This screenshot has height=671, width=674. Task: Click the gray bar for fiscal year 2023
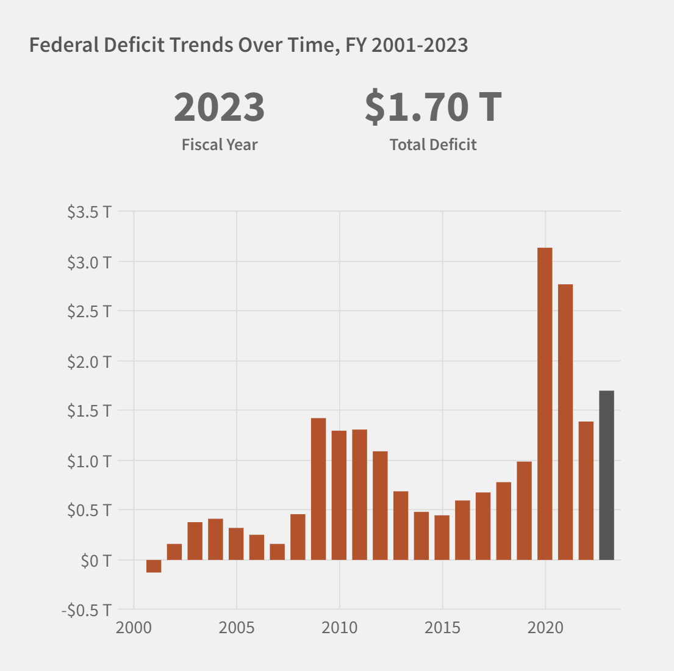(606, 475)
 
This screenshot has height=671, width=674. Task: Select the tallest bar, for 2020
(545, 404)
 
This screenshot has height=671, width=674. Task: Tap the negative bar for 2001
(154, 566)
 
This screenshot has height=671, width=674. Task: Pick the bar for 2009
(318, 489)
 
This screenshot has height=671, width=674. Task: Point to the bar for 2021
(565, 422)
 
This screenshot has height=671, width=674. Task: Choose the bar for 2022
(586, 490)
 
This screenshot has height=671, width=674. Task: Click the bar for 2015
(442, 537)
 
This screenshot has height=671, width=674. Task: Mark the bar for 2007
(278, 552)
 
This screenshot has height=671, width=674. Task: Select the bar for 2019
(524, 511)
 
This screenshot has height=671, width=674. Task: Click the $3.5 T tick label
(90, 212)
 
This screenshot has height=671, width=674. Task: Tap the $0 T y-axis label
(96, 561)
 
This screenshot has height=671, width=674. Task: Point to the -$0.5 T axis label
(87, 611)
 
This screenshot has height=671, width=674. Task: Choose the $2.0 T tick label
(90, 362)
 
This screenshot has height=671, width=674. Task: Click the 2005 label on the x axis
(237, 628)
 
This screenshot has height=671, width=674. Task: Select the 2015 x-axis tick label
(442, 628)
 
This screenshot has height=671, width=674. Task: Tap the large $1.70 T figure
(433, 107)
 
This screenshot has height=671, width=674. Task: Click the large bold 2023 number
(219, 107)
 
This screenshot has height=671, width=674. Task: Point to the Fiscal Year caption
(220, 145)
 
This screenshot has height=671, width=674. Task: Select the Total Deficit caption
(433, 145)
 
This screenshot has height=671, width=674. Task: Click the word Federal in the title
(64, 45)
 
